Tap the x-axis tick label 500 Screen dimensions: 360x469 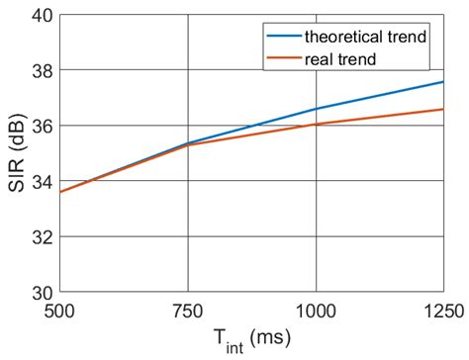click(x=59, y=310)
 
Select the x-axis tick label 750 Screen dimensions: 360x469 click(x=187, y=310)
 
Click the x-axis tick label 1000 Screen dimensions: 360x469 click(x=315, y=310)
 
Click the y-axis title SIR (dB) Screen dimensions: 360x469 click(x=15, y=154)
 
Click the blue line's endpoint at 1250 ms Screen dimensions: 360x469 click(x=442, y=82)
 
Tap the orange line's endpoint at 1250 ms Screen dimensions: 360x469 click(x=442, y=109)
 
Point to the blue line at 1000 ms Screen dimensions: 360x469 click(x=315, y=109)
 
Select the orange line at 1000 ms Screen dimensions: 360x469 click(x=315, y=124)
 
